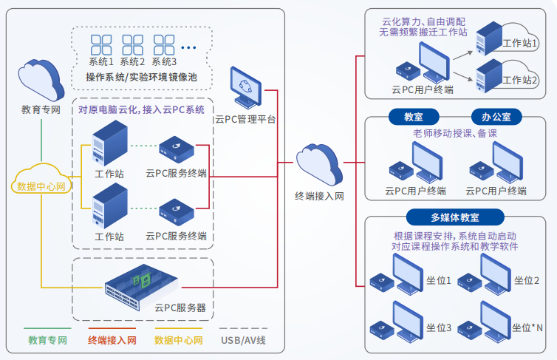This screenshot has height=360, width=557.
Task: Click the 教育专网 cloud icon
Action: click(41, 77)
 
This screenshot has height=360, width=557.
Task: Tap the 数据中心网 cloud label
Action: click(43, 186)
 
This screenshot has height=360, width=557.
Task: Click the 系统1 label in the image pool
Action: click(101, 61)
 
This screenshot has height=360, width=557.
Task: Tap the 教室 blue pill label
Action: click(413, 117)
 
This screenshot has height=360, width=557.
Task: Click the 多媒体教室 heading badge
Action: click(455, 217)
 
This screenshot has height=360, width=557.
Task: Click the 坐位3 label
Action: click(439, 327)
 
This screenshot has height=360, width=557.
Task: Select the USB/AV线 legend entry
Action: click(243, 341)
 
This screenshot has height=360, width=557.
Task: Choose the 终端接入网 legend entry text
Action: click(112, 341)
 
